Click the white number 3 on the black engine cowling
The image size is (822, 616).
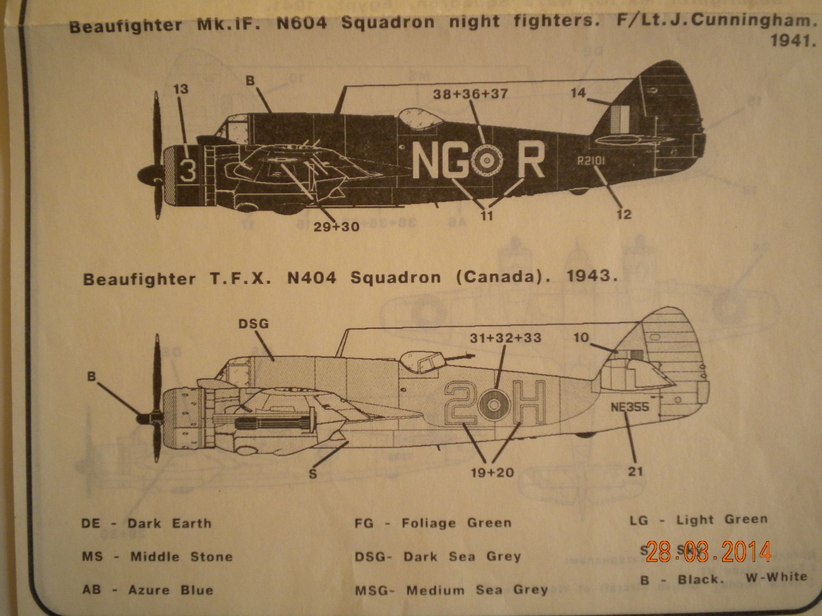coord(188,171)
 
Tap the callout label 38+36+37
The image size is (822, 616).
coord(470,94)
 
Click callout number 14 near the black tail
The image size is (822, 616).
coord(578,93)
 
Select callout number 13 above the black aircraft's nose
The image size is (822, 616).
coord(181,89)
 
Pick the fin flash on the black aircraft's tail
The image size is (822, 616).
coord(621,119)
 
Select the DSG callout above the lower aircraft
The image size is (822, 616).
coord(253,324)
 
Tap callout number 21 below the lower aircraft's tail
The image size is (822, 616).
coord(636,471)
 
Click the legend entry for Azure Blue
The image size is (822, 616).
coord(147,590)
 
